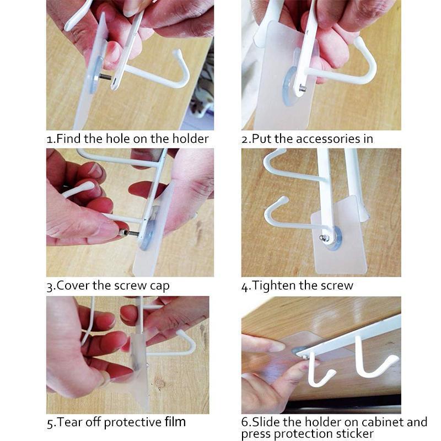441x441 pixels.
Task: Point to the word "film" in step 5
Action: point(175,423)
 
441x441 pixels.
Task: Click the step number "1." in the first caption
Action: point(51,139)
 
